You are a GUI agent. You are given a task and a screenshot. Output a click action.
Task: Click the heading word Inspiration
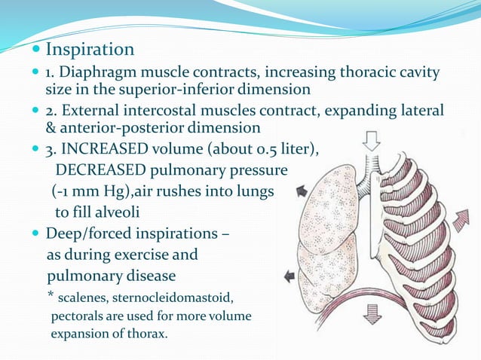[90, 50]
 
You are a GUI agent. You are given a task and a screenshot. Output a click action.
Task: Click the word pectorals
[77, 315]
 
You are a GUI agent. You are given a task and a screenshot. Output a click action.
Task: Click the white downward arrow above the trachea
[372, 141]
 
